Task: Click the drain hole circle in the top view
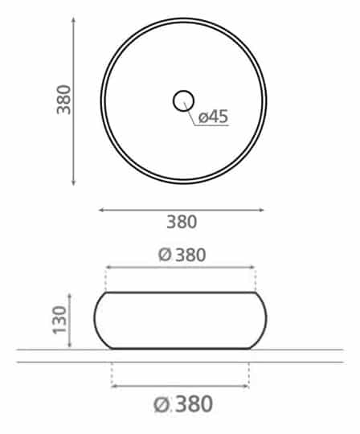[183, 92]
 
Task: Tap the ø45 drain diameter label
[213, 117]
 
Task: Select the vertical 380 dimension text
[64, 100]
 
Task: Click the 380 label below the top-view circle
[182, 222]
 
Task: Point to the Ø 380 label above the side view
[182, 255]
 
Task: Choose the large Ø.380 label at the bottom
[183, 403]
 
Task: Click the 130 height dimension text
[59, 320]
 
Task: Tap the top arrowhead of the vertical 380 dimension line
[73, 19]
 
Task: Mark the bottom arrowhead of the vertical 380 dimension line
[73, 182]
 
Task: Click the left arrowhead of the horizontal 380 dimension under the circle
[101, 210]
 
